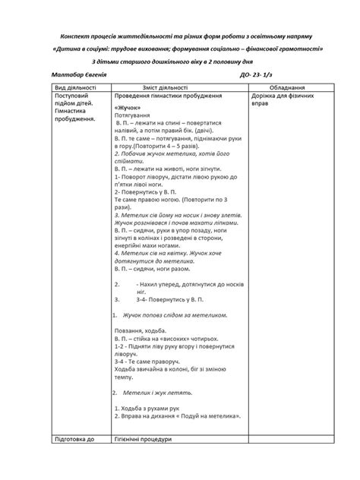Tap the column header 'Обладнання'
pyautogui.click(x=286, y=88)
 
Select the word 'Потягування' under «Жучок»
pyautogui.click(x=132, y=115)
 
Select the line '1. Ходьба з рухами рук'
pyautogui.click(x=150, y=409)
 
